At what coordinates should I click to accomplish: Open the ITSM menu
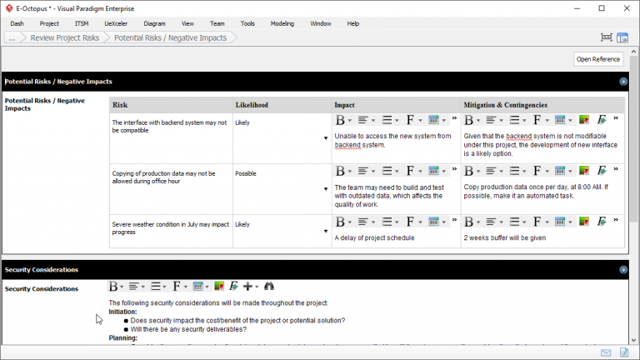pyautogui.click(x=82, y=23)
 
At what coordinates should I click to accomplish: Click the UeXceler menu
pyautogui.click(x=116, y=23)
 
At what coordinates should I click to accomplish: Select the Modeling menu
pyautogui.click(x=282, y=23)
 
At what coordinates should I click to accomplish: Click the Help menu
pyautogui.click(x=352, y=23)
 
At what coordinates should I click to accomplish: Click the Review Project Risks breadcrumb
pyautogui.click(x=64, y=37)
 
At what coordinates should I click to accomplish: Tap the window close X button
pyautogui.click(x=625, y=7)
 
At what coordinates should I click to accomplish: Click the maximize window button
pyautogui.click(x=602, y=7)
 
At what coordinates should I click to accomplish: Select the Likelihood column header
pyautogui.click(x=252, y=105)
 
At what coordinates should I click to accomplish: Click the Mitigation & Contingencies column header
pyautogui.click(x=506, y=105)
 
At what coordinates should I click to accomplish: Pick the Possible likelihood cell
pyautogui.click(x=246, y=173)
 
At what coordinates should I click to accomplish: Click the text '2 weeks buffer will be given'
pyautogui.click(x=505, y=237)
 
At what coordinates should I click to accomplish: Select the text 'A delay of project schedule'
pyautogui.click(x=374, y=237)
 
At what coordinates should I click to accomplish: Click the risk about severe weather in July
pyautogui.click(x=170, y=228)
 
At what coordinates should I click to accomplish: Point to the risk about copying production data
pyautogui.click(x=163, y=177)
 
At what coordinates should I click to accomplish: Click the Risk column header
pyautogui.click(x=120, y=105)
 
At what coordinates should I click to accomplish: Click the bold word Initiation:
pyautogui.click(x=122, y=311)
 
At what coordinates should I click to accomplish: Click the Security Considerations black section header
pyautogui.click(x=42, y=270)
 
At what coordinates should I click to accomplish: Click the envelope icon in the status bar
pyautogui.click(x=606, y=353)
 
